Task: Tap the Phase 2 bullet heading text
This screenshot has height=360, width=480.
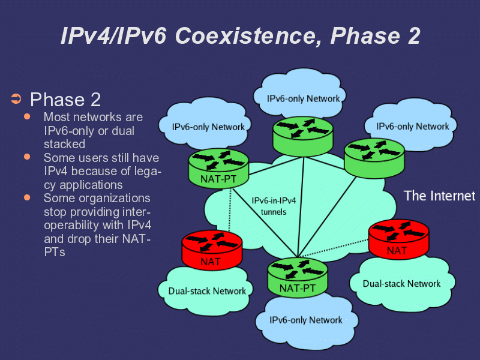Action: (65, 99)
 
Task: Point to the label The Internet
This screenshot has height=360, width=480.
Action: (439, 196)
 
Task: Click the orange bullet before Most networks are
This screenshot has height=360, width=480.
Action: (27, 116)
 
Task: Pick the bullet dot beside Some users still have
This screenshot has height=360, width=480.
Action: (27, 157)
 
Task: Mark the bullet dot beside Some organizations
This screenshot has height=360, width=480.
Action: (27, 197)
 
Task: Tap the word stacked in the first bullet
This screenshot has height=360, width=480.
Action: (64, 144)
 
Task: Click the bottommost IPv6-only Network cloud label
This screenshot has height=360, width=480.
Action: (306, 320)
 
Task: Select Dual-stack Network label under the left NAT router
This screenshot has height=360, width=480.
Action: (207, 291)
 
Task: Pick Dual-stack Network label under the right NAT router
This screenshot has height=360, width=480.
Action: (401, 283)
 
